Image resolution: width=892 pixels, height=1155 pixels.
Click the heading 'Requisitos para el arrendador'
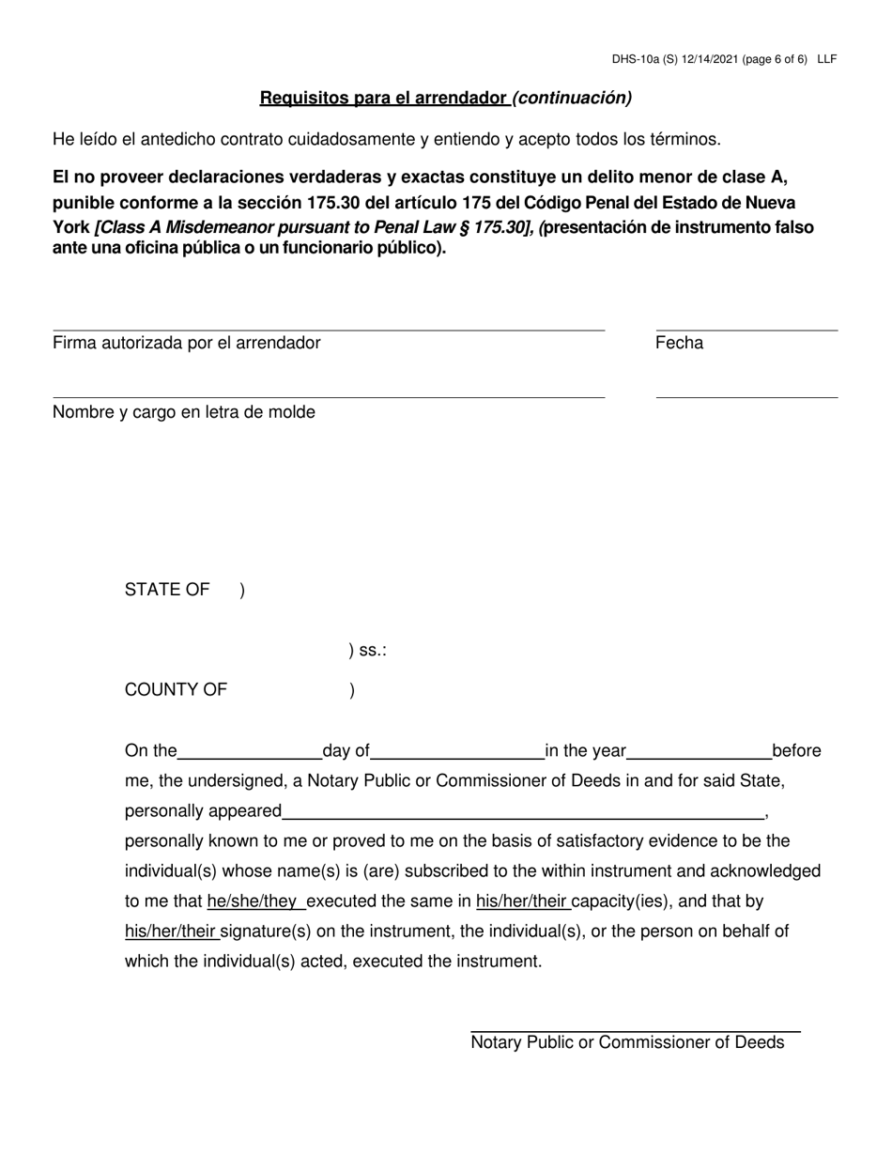384,98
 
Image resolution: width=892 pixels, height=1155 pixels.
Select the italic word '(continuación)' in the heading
572,98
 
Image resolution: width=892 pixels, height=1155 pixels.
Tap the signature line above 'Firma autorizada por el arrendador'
329,330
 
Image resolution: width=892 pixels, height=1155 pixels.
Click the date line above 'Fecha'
746,330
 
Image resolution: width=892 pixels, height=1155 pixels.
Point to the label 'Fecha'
679,343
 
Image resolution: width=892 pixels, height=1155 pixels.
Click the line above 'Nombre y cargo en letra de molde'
329,397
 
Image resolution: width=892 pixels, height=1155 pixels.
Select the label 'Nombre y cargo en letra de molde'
184,412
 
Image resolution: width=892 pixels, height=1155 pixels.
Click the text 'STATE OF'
167,590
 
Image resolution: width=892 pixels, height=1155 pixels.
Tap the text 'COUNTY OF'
176,690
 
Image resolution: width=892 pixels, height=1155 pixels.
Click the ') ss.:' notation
367,650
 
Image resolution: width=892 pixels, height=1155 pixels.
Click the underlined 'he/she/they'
253,901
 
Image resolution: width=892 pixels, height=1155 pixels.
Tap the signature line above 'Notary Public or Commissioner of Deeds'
635,1032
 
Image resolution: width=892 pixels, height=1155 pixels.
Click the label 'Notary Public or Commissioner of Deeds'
627,1042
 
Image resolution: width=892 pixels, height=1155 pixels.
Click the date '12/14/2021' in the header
705,58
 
